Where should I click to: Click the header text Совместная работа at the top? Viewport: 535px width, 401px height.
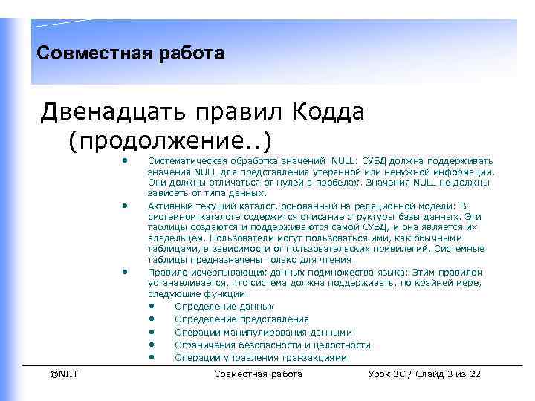[x=130, y=53]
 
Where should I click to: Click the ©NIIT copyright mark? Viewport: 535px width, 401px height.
[x=64, y=374]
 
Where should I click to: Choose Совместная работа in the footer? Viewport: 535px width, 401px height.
[x=258, y=374]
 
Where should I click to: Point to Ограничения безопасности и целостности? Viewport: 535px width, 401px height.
[x=272, y=345]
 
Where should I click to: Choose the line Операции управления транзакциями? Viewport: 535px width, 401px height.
[x=260, y=357]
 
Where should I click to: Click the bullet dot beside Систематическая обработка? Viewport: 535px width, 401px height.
[x=126, y=160]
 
